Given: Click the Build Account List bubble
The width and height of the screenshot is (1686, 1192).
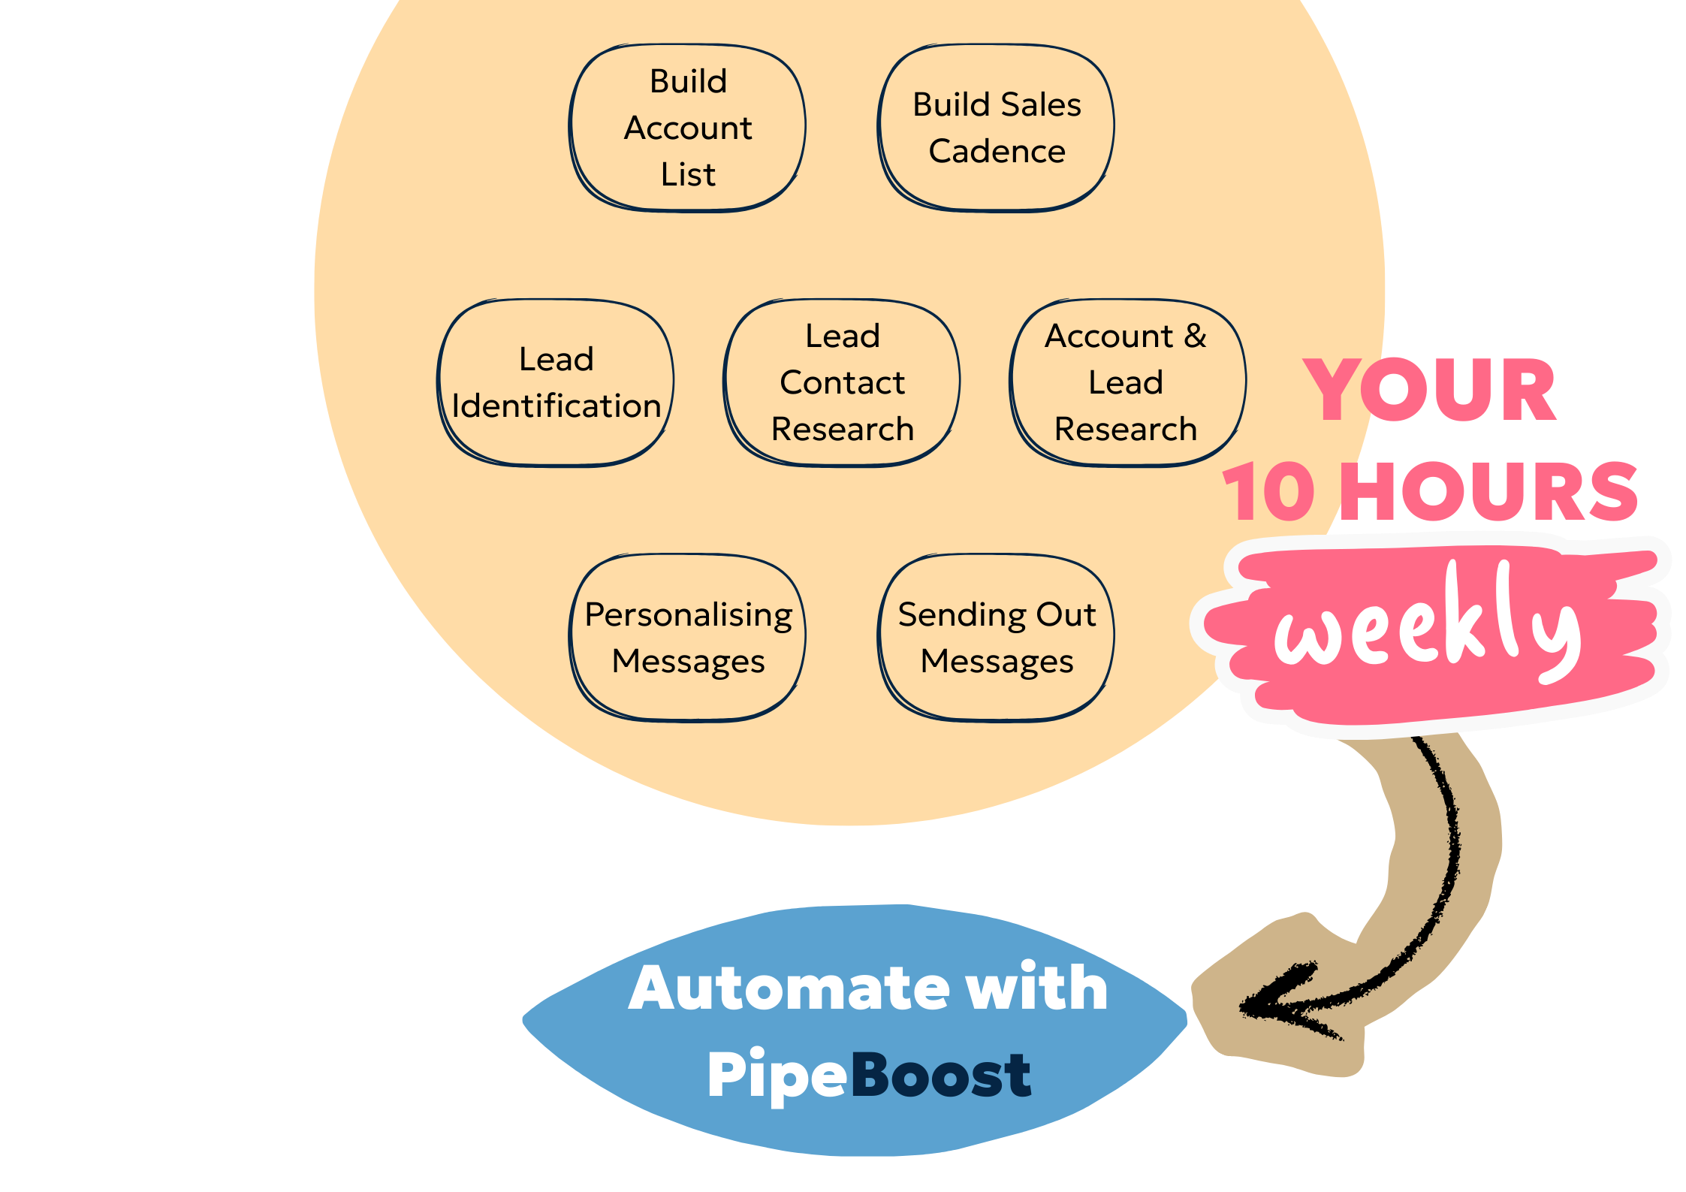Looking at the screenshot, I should [x=687, y=128].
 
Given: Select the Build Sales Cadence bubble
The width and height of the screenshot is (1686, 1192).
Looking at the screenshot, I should [x=996, y=128].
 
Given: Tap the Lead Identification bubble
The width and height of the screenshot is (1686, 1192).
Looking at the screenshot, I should [x=556, y=382].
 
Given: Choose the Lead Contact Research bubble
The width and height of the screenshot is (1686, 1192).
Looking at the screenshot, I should [x=842, y=382].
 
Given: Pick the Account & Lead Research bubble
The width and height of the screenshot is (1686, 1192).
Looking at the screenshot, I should [x=1127, y=382].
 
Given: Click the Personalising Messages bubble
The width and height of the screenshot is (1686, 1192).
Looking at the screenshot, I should [x=687, y=638].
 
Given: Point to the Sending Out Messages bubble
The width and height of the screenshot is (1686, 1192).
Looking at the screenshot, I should [x=996, y=638].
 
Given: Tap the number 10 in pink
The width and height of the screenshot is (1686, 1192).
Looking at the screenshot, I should [x=1269, y=491].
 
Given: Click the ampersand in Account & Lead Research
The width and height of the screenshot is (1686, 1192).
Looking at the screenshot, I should [x=1195, y=336].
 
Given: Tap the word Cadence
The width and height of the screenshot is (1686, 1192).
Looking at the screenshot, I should [x=997, y=152].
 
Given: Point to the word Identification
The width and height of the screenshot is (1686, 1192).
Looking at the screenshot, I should [x=556, y=406].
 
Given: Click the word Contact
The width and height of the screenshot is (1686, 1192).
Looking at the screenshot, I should [x=842, y=383].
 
